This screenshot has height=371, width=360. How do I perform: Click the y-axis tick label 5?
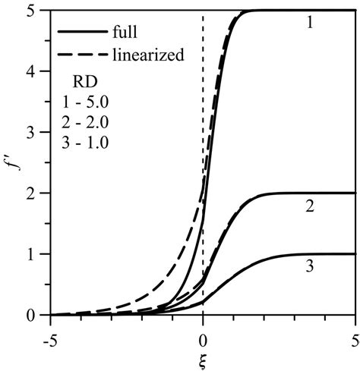[x=37, y=11]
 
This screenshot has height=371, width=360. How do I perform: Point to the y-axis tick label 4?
[x=37, y=72]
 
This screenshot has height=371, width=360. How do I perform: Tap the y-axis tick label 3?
[x=37, y=133]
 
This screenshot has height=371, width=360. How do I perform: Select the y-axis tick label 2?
[x=37, y=193]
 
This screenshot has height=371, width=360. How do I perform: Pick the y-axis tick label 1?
[x=37, y=254]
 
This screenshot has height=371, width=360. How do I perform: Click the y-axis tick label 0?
[x=37, y=315]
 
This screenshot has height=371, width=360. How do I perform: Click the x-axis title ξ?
[x=203, y=357]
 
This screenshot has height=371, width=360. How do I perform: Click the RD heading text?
[x=84, y=82]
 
